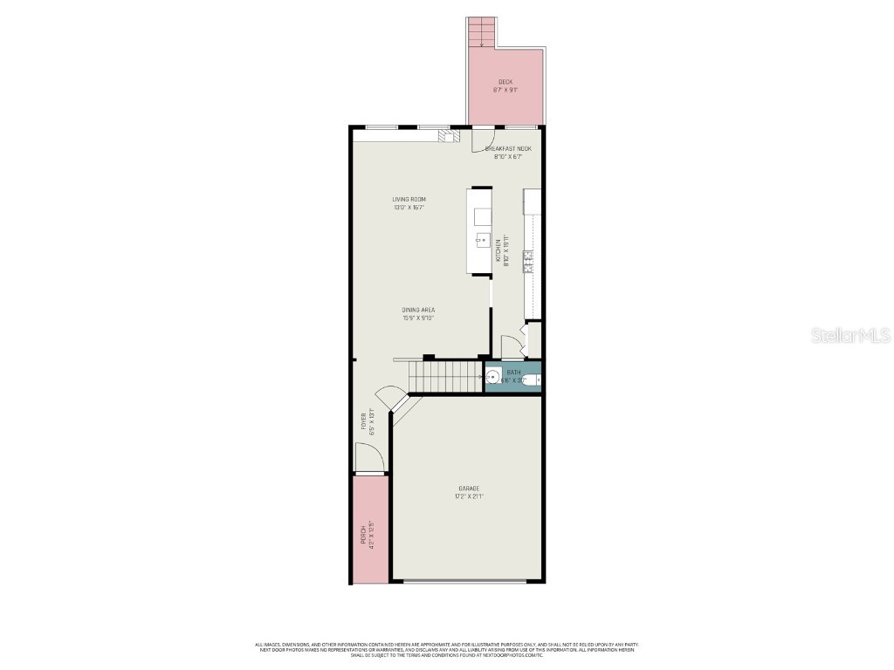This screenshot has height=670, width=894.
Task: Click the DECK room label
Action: point(505,82)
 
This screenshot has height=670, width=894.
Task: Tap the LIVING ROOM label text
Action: point(409,200)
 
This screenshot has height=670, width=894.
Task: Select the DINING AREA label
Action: point(418,310)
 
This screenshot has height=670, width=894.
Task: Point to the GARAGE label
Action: point(469,489)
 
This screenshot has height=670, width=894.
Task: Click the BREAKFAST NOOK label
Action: point(508,149)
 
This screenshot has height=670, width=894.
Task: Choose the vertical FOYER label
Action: point(364,420)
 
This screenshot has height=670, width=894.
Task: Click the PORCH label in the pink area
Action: point(363,535)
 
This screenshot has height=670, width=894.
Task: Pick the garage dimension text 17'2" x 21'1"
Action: point(469,496)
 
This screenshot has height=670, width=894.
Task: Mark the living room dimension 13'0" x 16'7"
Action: point(409,208)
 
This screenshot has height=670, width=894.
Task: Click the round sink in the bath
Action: point(492,378)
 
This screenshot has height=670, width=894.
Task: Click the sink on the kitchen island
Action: point(482,238)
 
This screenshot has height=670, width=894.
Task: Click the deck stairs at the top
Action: point(481,33)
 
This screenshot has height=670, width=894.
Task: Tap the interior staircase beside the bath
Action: point(446,377)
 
